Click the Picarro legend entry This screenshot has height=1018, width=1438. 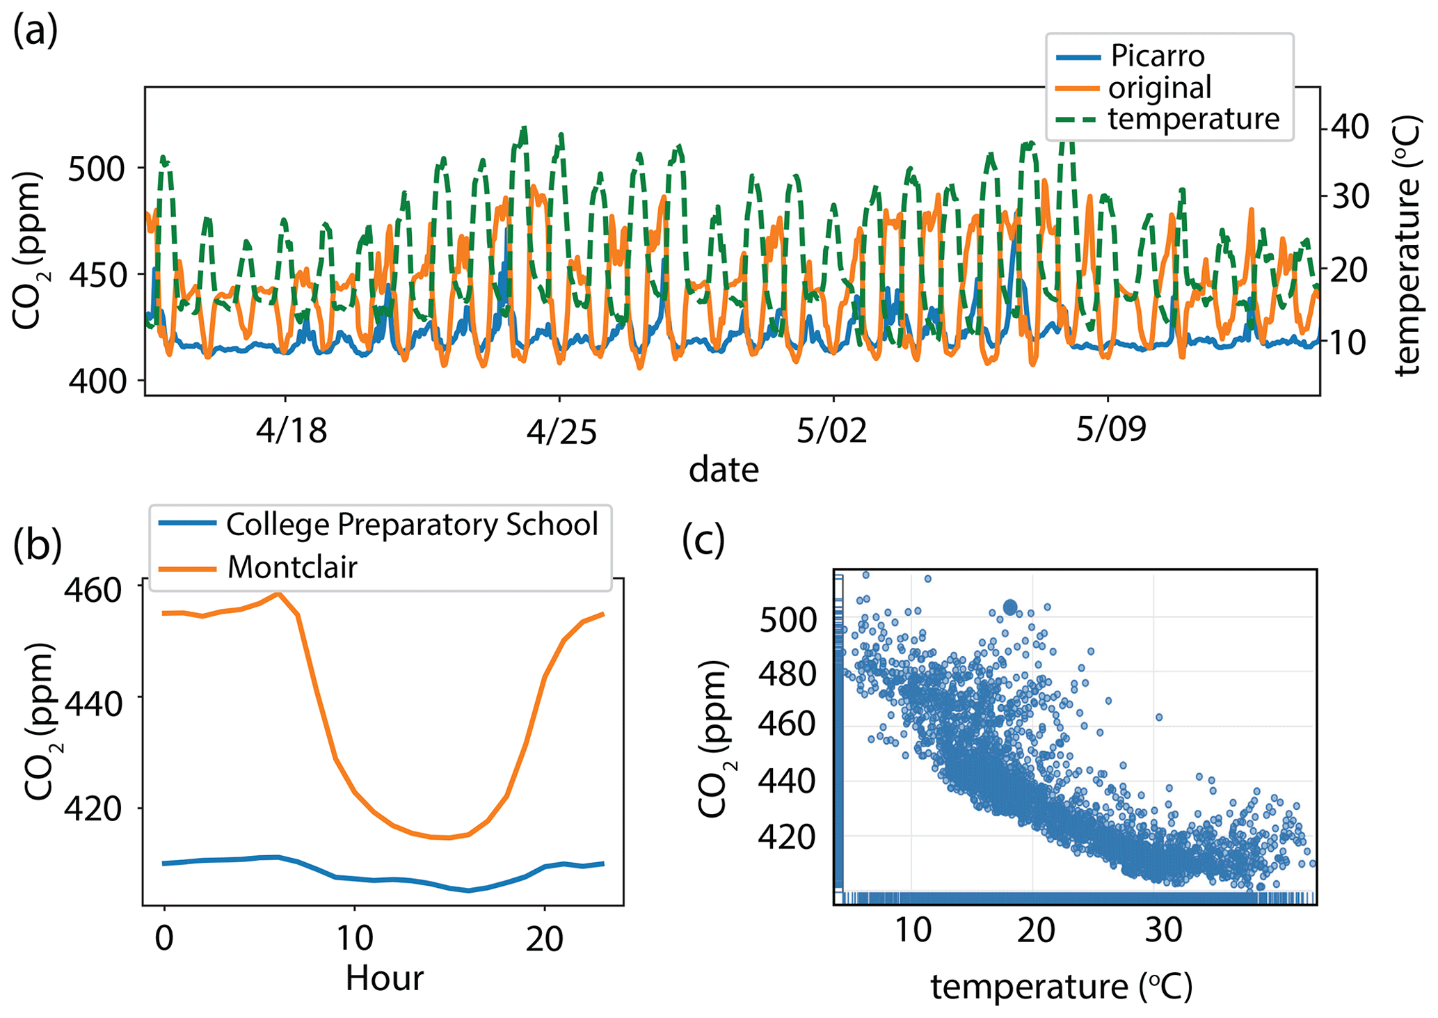(1157, 56)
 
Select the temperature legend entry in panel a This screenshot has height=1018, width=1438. (1193, 119)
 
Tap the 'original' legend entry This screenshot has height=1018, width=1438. (1160, 88)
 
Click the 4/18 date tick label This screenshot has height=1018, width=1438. (291, 431)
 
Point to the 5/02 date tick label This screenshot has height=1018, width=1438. (832, 431)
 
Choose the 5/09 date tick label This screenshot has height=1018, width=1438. (1111, 431)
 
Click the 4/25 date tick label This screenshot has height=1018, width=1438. (561, 431)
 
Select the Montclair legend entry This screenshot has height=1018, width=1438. (292, 567)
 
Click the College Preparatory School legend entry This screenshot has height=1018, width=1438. (412, 525)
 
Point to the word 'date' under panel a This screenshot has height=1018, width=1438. (724, 470)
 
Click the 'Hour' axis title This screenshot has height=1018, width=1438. (384, 978)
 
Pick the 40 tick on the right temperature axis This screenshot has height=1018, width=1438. (1350, 127)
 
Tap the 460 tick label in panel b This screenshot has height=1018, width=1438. (93, 590)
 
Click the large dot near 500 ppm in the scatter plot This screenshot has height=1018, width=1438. (1010, 607)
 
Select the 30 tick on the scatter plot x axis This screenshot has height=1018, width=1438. (1163, 930)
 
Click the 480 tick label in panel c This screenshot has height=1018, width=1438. (787, 674)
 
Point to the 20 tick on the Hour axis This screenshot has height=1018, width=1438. (544, 939)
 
